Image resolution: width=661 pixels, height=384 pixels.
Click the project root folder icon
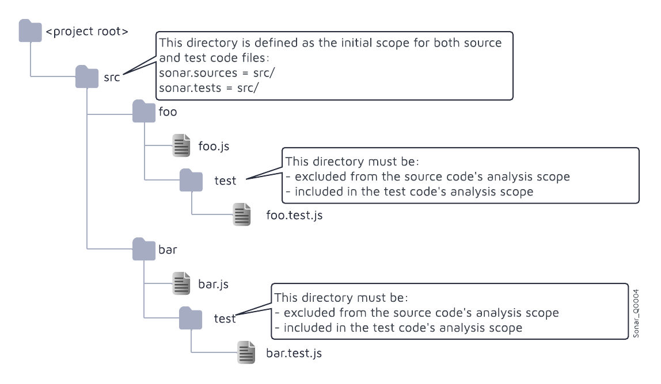(30, 31)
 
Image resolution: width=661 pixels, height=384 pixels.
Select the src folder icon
(87, 77)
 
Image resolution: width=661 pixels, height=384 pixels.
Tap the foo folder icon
(144, 112)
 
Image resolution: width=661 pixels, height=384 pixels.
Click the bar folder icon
(144, 249)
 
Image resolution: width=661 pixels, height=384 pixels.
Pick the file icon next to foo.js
(181, 145)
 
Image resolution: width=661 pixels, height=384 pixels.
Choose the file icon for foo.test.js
(242, 214)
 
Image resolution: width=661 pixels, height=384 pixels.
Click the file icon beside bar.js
(181, 283)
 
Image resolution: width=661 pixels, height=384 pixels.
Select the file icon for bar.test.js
(246, 352)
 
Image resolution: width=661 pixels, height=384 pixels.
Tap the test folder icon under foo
(191, 181)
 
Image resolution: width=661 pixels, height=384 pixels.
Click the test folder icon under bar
(191, 318)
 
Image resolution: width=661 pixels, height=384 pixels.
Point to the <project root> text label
(87, 32)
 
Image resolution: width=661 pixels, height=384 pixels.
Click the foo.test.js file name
(294, 216)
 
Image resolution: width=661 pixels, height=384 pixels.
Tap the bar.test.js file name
(294, 353)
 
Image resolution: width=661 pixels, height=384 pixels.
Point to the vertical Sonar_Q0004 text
(636, 313)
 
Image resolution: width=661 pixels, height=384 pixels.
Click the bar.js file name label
(214, 284)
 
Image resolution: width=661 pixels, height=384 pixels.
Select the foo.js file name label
(214, 146)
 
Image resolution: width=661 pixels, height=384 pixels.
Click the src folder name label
(112, 77)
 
